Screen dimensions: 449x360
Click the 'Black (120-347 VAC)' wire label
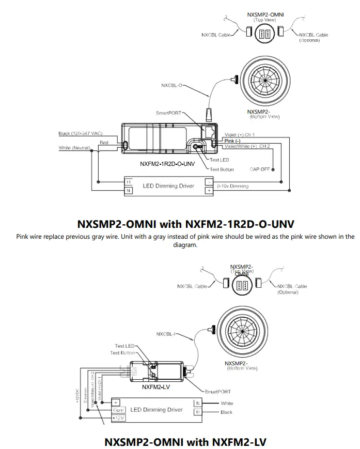tap(80, 134)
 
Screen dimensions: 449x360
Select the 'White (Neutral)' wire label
tap(75, 149)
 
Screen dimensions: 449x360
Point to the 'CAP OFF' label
tap(259, 169)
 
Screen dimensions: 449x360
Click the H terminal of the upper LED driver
tap(129, 182)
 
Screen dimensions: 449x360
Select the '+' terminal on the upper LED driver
tap(208, 190)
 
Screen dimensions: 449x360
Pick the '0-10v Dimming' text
tap(232, 186)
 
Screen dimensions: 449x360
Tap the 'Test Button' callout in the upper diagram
tap(222, 169)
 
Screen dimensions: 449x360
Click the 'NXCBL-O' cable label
tap(172, 85)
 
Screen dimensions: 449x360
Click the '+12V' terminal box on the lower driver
tap(118, 417)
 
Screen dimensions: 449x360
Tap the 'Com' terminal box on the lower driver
tap(118, 410)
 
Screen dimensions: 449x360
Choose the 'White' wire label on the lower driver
tap(227, 403)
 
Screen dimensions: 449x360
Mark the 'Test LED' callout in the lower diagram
tap(124, 346)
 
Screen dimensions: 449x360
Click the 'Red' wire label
tap(104, 142)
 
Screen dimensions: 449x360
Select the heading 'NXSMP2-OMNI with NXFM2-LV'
tap(185, 442)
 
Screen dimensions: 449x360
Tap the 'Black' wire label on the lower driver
tap(226, 412)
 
